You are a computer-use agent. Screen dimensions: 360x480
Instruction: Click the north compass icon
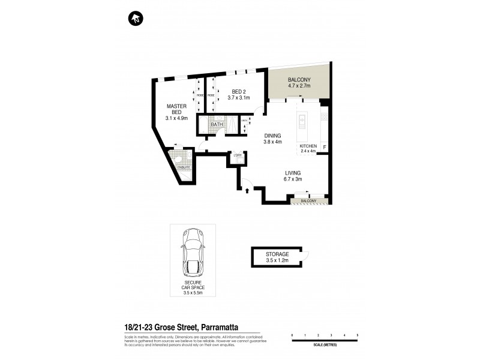click(136, 19)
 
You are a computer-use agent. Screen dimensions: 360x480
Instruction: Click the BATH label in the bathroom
click(208, 124)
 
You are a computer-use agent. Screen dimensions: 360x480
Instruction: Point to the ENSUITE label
click(183, 167)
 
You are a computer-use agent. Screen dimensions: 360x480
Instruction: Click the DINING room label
click(273, 135)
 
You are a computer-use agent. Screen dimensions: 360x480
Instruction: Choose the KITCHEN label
click(308, 146)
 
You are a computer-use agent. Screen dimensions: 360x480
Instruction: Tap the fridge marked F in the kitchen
click(324, 146)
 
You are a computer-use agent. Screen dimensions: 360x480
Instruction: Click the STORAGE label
click(277, 254)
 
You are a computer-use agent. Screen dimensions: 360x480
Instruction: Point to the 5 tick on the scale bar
click(358, 334)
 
